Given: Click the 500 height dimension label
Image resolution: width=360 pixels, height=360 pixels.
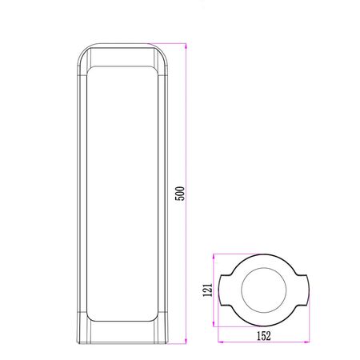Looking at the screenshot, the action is coord(180,194).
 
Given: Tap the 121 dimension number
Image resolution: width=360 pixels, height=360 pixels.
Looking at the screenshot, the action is coord(208,290).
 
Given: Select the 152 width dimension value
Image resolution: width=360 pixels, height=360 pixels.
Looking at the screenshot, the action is coord(264,336).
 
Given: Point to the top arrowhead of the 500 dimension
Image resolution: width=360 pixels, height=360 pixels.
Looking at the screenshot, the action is coord(186,46).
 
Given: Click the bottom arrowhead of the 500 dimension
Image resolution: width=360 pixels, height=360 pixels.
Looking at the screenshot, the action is coord(186,341).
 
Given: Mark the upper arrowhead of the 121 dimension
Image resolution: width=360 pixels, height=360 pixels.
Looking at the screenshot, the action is coord(214,257).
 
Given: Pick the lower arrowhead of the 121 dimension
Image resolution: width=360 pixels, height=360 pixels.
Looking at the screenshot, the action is coord(214,323).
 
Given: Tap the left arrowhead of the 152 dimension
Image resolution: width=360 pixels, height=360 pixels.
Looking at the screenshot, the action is coord(221,342).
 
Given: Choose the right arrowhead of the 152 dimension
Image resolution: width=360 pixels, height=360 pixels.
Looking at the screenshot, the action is coord(306,342).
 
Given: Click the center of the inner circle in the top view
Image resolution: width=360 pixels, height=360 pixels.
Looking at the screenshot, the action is coord(264,290).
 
